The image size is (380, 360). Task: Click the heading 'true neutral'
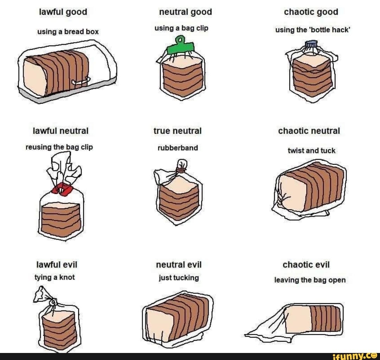(177, 131)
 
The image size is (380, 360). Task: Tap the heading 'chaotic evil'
(306, 264)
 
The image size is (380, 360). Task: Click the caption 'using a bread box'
(68, 32)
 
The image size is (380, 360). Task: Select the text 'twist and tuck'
(311, 151)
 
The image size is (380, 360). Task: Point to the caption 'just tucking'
(178, 278)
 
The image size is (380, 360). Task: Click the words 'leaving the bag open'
(310, 280)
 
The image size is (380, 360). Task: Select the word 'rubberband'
(177, 148)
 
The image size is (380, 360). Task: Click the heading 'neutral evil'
(179, 264)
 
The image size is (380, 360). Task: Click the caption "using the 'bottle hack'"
(313, 30)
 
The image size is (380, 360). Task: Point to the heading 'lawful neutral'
(60, 131)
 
